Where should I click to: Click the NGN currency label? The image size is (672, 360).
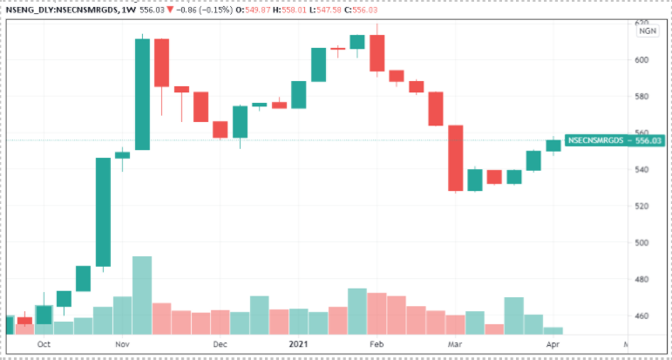(648, 31)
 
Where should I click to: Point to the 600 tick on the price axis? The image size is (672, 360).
(642, 59)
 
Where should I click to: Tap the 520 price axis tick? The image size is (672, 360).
(642, 206)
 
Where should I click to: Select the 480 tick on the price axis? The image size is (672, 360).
(642, 279)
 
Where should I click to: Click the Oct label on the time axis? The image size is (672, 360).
(44, 344)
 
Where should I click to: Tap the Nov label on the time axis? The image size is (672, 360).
(122, 344)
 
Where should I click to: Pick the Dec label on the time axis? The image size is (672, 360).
(220, 344)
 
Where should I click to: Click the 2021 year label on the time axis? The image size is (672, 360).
(299, 344)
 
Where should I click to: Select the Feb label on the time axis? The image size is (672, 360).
(377, 344)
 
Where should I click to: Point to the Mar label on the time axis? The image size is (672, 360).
(455, 344)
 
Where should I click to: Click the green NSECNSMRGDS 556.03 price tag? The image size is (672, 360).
(601, 139)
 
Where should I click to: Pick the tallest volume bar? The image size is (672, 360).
(142, 295)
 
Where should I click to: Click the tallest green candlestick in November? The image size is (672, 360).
(142, 94)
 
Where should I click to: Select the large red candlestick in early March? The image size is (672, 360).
(455, 158)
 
